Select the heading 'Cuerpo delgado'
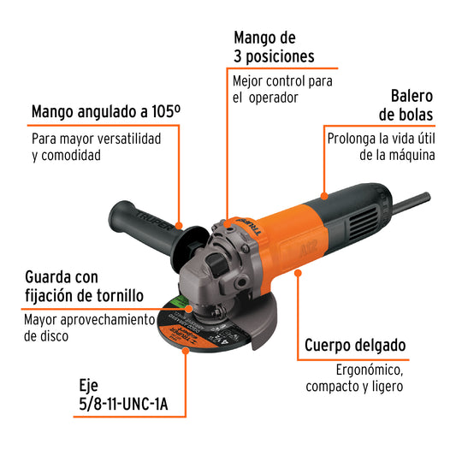click(x=355, y=346)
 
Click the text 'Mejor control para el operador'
click(x=282, y=89)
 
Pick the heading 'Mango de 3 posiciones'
click(x=274, y=47)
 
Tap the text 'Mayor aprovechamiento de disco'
click(x=90, y=328)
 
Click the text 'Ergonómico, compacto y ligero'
click(x=354, y=378)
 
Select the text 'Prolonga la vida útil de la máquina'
click(x=381, y=146)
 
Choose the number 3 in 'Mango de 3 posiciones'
click(x=239, y=57)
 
